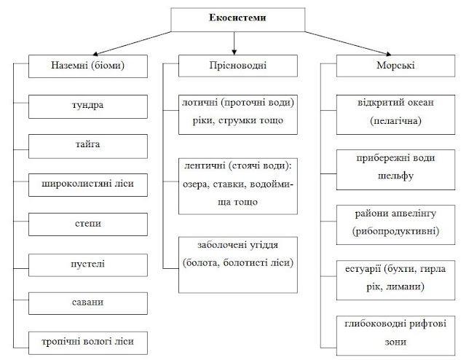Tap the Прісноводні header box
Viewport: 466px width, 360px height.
[x=233, y=66]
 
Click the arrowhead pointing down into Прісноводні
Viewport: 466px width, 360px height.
[x=233, y=52]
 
